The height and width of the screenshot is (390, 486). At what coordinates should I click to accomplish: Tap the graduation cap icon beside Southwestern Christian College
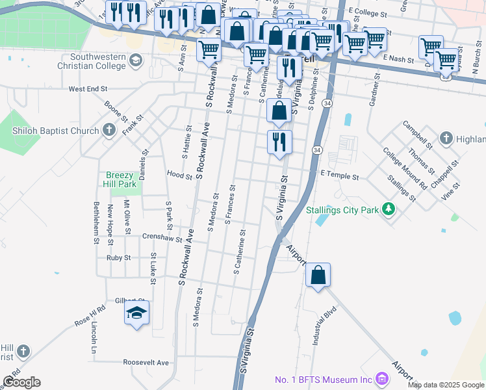[135, 60]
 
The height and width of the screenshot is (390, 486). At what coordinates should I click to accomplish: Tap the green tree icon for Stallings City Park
[389, 209]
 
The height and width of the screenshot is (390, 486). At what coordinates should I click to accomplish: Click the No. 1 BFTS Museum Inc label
[323, 380]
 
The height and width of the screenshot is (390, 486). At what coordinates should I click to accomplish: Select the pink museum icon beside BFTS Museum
[381, 378]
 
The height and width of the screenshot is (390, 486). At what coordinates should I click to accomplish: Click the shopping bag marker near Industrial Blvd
[318, 275]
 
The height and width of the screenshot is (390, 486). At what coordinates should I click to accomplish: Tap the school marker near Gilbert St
[136, 314]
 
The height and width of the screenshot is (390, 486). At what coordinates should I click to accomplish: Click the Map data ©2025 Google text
[446, 385]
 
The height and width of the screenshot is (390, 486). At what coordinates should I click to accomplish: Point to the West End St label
[88, 88]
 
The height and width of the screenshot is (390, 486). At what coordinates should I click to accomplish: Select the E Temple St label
[340, 175]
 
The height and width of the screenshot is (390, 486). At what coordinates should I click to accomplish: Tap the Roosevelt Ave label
[146, 363]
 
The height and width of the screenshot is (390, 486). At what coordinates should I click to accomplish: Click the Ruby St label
[119, 257]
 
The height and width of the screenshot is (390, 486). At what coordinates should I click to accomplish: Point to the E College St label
[368, 11]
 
